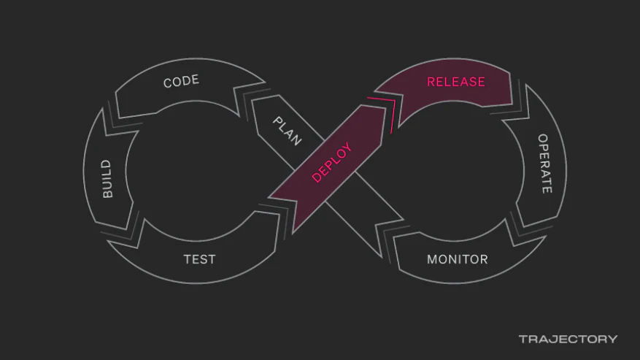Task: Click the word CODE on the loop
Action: [181, 81]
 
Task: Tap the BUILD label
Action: [107, 179]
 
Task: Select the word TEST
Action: [199, 259]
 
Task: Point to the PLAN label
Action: [288, 131]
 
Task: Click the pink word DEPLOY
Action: [331, 162]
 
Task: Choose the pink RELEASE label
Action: [456, 82]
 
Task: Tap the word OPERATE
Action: [544, 164]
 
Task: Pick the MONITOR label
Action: [457, 259]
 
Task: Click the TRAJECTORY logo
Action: [568, 339]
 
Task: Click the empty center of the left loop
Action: [195, 171]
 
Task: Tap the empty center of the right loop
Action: [455, 171]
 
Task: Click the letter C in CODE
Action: [167, 83]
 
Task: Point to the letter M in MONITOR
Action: [432, 259]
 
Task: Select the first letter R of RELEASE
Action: [431, 82]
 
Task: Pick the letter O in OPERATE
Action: [543, 139]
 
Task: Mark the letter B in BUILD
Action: [107, 194]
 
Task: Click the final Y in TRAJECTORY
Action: [613, 339]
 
